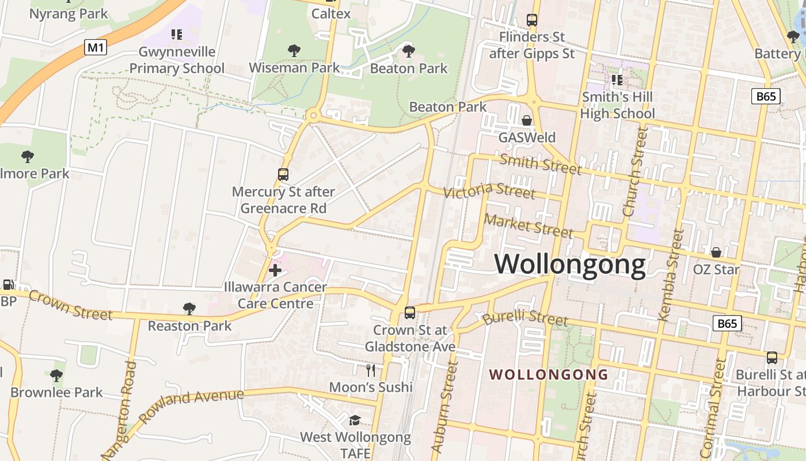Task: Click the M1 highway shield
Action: tap(96, 47)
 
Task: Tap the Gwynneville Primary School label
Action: tap(177, 60)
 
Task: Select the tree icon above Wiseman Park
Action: tap(294, 51)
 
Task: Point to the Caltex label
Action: tap(330, 13)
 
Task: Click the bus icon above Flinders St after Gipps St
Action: tap(532, 20)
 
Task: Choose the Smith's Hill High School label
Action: tap(617, 105)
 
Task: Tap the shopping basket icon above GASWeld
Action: tap(527, 120)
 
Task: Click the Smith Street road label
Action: tap(540, 164)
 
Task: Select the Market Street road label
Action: tap(529, 225)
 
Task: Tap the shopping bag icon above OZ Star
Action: tap(716, 252)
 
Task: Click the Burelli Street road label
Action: tap(525, 318)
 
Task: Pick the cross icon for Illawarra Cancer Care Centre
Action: tap(275, 270)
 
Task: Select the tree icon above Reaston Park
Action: tap(189, 309)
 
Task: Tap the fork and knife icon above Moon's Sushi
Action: tap(371, 369)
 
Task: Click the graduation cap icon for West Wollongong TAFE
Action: tap(355, 420)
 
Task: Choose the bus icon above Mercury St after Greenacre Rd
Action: tap(283, 174)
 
